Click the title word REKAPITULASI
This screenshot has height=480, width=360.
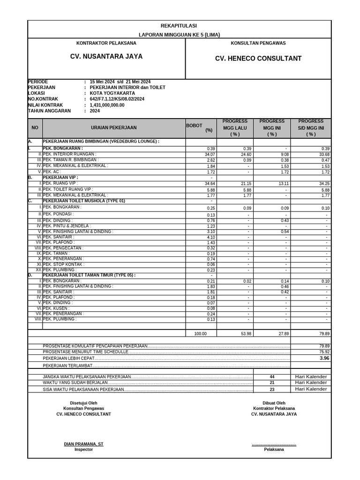tap(179, 26)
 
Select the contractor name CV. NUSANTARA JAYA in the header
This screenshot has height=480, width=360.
tap(106, 56)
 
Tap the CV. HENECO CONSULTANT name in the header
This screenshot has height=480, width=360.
tap(258, 59)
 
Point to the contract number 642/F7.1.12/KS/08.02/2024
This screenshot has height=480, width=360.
tap(117, 99)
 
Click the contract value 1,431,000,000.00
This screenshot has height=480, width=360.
tap(107, 105)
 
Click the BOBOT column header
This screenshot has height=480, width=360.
tap(194, 126)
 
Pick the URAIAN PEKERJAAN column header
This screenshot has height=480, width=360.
tap(114, 127)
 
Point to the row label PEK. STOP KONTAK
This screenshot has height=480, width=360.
tap(64, 264)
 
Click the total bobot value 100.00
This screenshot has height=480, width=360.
tap(200, 334)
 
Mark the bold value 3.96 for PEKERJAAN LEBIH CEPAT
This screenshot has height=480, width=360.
tap(324, 358)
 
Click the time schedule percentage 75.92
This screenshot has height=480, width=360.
tap(324, 352)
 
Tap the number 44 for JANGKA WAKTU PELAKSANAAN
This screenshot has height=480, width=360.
tap(272, 377)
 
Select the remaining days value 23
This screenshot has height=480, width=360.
tap(272, 390)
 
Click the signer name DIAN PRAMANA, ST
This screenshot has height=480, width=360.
tap(84, 444)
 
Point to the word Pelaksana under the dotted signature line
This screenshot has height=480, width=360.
tap(274, 449)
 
